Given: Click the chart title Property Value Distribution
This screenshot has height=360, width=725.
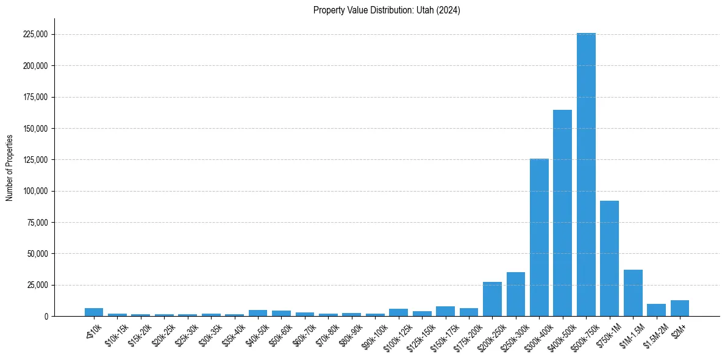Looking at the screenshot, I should (x=387, y=10).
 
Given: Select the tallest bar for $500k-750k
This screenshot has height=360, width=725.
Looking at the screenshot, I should (x=586, y=175).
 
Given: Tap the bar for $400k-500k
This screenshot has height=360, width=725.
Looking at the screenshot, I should (x=562, y=213).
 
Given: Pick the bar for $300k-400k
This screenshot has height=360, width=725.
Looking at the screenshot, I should (x=539, y=237).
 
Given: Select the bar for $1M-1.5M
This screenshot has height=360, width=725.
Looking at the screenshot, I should (x=633, y=293).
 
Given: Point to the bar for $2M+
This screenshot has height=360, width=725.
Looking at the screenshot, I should (x=680, y=308).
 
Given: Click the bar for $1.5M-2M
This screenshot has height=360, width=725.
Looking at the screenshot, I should (x=656, y=310).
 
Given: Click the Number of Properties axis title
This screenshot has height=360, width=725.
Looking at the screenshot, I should (x=10, y=168).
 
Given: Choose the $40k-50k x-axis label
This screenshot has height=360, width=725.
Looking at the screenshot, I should (x=256, y=332).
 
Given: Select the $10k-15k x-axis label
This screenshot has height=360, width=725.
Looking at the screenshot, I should (x=116, y=332).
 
